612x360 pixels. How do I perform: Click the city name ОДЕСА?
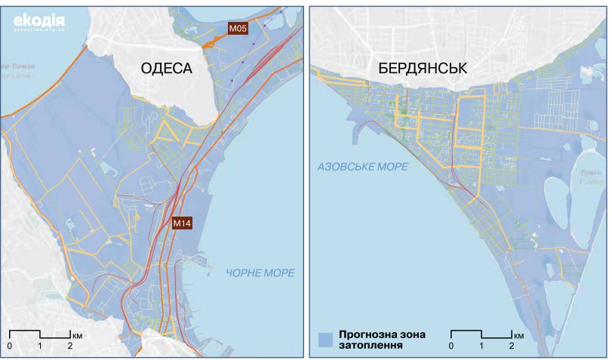[166, 69]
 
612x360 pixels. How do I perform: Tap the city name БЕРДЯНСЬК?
[423, 69]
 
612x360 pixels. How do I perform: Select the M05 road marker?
[238, 28]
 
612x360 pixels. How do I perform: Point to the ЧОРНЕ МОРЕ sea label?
[260, 272]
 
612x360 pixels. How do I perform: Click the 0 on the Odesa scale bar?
[10, 346]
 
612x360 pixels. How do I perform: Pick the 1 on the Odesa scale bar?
[40, 346]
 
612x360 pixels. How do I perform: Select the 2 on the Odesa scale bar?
[70, 346]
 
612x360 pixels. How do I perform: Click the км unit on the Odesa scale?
[78, 334]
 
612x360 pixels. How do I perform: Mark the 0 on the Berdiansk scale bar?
[451, 346]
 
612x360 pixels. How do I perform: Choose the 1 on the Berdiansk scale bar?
[481, 346]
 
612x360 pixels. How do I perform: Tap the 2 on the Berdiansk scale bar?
[512, 346]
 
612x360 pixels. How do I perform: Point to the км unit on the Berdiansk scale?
[518, 334]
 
